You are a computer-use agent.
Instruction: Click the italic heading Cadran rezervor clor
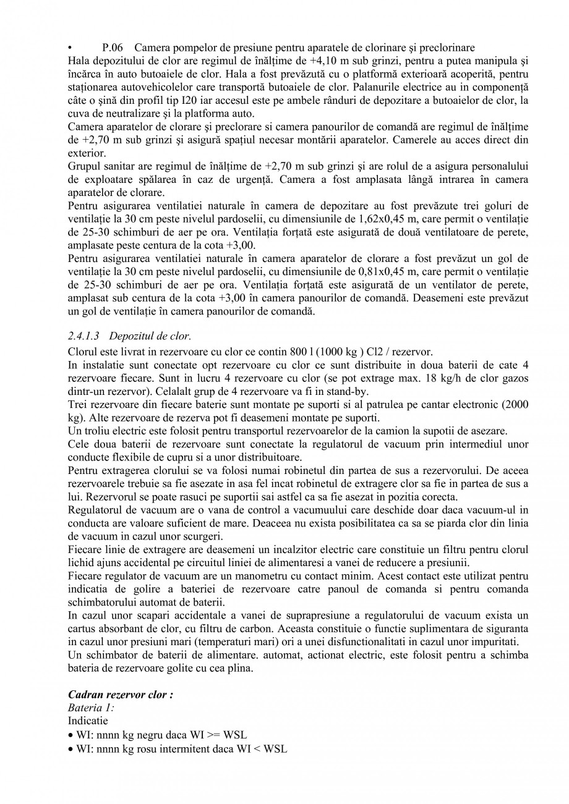coord(120,695)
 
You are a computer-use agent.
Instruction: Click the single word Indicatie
coord(87,721)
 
